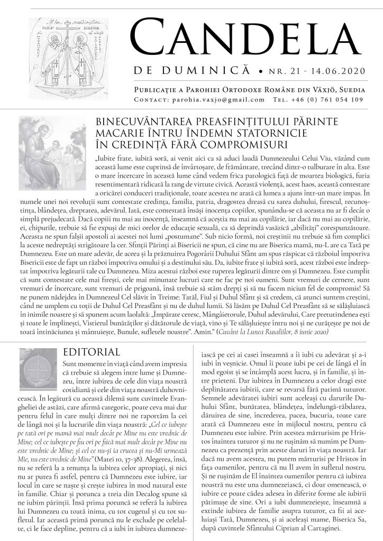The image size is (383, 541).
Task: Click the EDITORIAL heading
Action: [x=91, y=352]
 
